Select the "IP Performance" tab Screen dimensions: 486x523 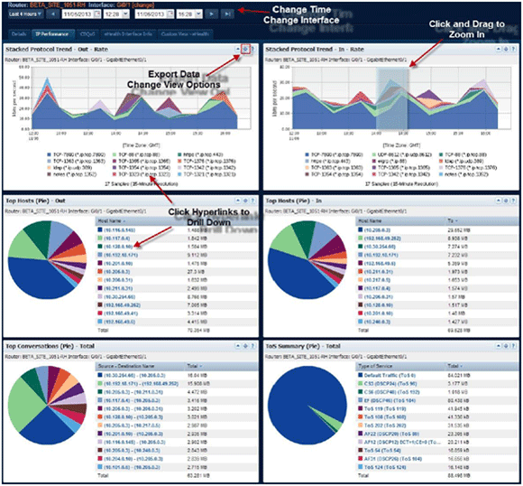52,33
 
